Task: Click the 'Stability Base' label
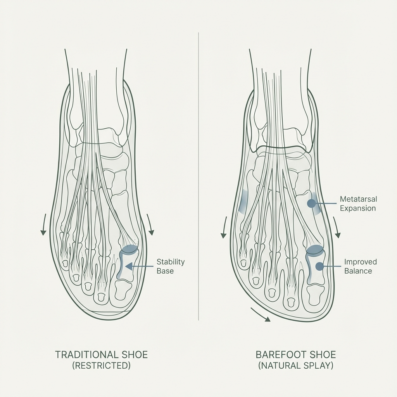(x=171, y=266)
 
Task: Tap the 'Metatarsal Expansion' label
(x=358, y=204)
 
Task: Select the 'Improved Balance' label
(x=360, y=266)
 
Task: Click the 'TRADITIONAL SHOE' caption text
(x=102, y=355)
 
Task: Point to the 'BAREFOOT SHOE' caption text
(x=296, y=355)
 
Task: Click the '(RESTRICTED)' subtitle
(x=102, y=366)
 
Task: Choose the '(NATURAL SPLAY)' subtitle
(x=296, y=366)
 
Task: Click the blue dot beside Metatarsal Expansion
(x=311, y=203)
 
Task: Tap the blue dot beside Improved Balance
(x=319, y=266)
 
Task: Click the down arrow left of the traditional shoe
(x=43, y=229)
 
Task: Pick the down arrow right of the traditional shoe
(x=150, y=229)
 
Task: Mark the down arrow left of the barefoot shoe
(x=224, y=231)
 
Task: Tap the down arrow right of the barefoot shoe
(x=337, y=231)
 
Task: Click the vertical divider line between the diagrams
(x=198, y=174)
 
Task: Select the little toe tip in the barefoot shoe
(x=243, y=263)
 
